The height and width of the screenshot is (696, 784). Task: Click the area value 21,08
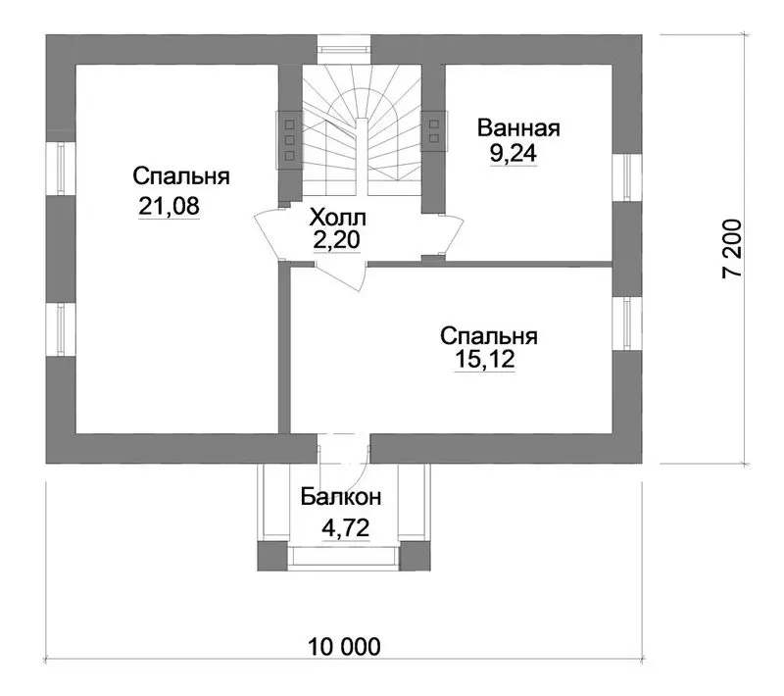(169, 206)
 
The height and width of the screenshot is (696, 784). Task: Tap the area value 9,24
(514, 153)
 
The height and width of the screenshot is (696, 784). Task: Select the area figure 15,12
(484, 359)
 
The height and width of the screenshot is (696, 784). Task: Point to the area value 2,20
(336, 240)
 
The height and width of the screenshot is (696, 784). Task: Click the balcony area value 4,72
(346, 527)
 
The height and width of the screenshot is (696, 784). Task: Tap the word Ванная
(518, 128)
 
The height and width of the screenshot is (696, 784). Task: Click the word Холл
(337, 218)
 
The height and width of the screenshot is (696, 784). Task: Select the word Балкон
(340, 497)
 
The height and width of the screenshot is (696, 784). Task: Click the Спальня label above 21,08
(181, 176)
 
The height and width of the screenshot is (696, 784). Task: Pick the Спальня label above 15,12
(488, 336)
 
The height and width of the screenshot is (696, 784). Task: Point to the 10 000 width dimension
(344, 647)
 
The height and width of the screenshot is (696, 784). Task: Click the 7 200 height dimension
(733, 248)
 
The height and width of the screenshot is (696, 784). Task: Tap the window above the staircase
(344, 49)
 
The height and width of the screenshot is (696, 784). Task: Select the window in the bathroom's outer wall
(627, 177)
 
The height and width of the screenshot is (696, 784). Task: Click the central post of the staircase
(362, 157)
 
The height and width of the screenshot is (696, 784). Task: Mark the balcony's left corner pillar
(272, 556)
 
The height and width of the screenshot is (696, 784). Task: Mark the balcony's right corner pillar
(415, 556)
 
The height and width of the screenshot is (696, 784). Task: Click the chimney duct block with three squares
(289, 140)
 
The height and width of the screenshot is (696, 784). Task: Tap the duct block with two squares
(433, 131)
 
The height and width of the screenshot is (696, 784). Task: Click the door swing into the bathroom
(451, 236)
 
